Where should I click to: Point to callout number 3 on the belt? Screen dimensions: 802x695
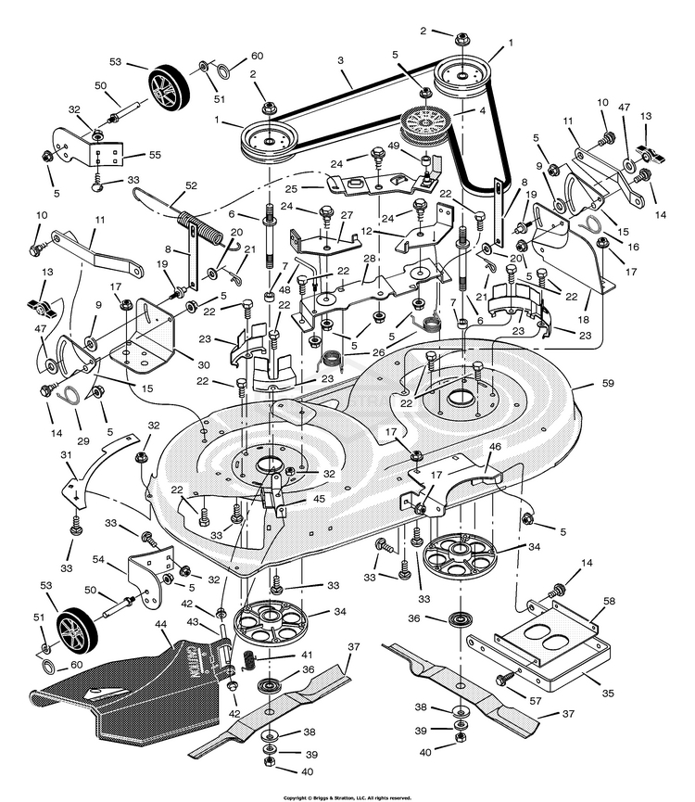341,59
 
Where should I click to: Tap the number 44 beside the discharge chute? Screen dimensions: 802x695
161,626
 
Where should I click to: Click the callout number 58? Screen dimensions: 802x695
610,601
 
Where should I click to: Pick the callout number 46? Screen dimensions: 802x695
495,447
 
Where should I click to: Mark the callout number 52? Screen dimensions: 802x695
191,185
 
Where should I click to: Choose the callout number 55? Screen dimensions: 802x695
155,156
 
